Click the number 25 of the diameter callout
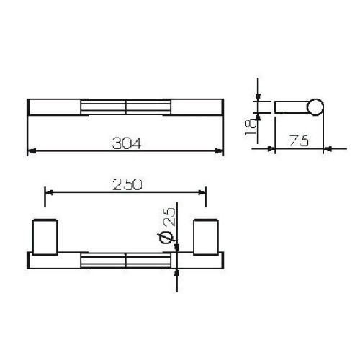tap(168, 215)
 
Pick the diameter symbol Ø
tap(167, 237)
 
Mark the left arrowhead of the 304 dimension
tap(31, 151)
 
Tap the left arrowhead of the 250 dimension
tap(49, 192)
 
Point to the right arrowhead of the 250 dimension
tap(202, 192)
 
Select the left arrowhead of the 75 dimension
tap(272, 149)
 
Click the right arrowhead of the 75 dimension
tap(325, 149)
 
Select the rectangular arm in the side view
tap(291, 108)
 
